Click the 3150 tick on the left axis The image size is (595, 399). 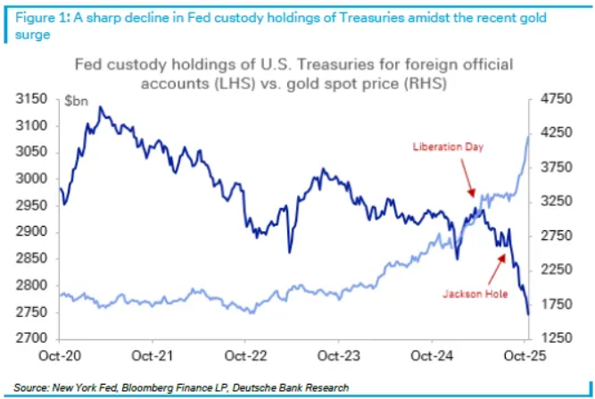pyautogui.click(x=31, y=99)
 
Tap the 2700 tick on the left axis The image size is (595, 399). pyautogui.click(x=31, y=339)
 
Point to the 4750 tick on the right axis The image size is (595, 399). pyautogui.click(x=550, y=99)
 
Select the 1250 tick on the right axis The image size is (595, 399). pyautogui.click(x=550, y=339)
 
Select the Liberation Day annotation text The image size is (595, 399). pyautogui.click(x=448, y=145)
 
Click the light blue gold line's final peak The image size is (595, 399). pyautogui.click(x=529, y=135)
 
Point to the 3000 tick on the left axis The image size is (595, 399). pyautogui.click(x=31, y=179)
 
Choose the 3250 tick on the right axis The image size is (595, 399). pyautogui.click(x=550, y=203)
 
